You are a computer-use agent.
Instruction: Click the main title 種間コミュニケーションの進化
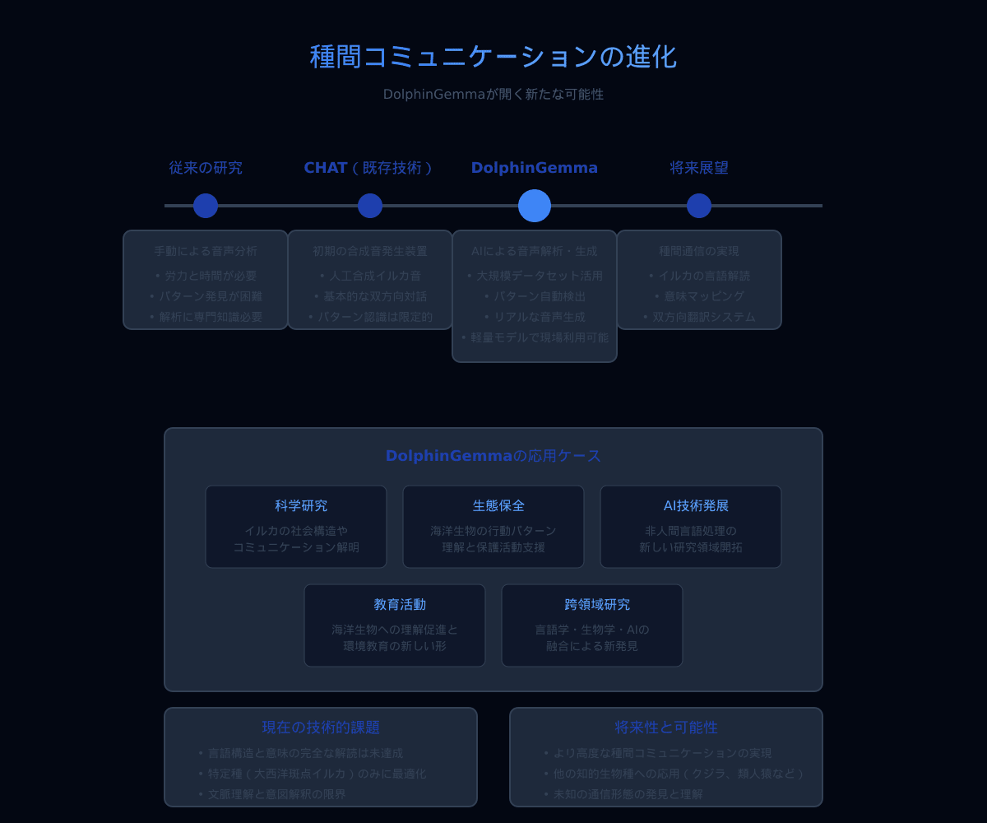(x=493, y=57)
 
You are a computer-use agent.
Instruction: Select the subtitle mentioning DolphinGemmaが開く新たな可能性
(x=493, y=95)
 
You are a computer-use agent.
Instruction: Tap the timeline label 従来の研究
(x=206, y=168)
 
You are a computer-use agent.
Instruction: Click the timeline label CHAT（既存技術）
(x=369, y=168)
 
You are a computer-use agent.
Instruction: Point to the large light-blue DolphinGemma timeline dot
(x=535, y=206)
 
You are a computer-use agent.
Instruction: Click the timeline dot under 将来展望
(x=699, y=206)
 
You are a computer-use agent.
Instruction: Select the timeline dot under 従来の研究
(x=206, y=206)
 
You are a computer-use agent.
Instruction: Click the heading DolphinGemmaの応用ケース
(x=493, y=456)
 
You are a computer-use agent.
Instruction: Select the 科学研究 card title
(x=301, y=506)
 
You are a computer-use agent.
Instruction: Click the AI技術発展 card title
(x=696, y=506)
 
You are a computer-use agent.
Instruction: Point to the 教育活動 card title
(x=400, y=605)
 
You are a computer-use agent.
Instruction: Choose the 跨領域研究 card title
(x=597, y=605)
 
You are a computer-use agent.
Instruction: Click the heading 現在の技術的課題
(x=321, y=728)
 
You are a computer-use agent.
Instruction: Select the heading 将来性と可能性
(x=666, y=728)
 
